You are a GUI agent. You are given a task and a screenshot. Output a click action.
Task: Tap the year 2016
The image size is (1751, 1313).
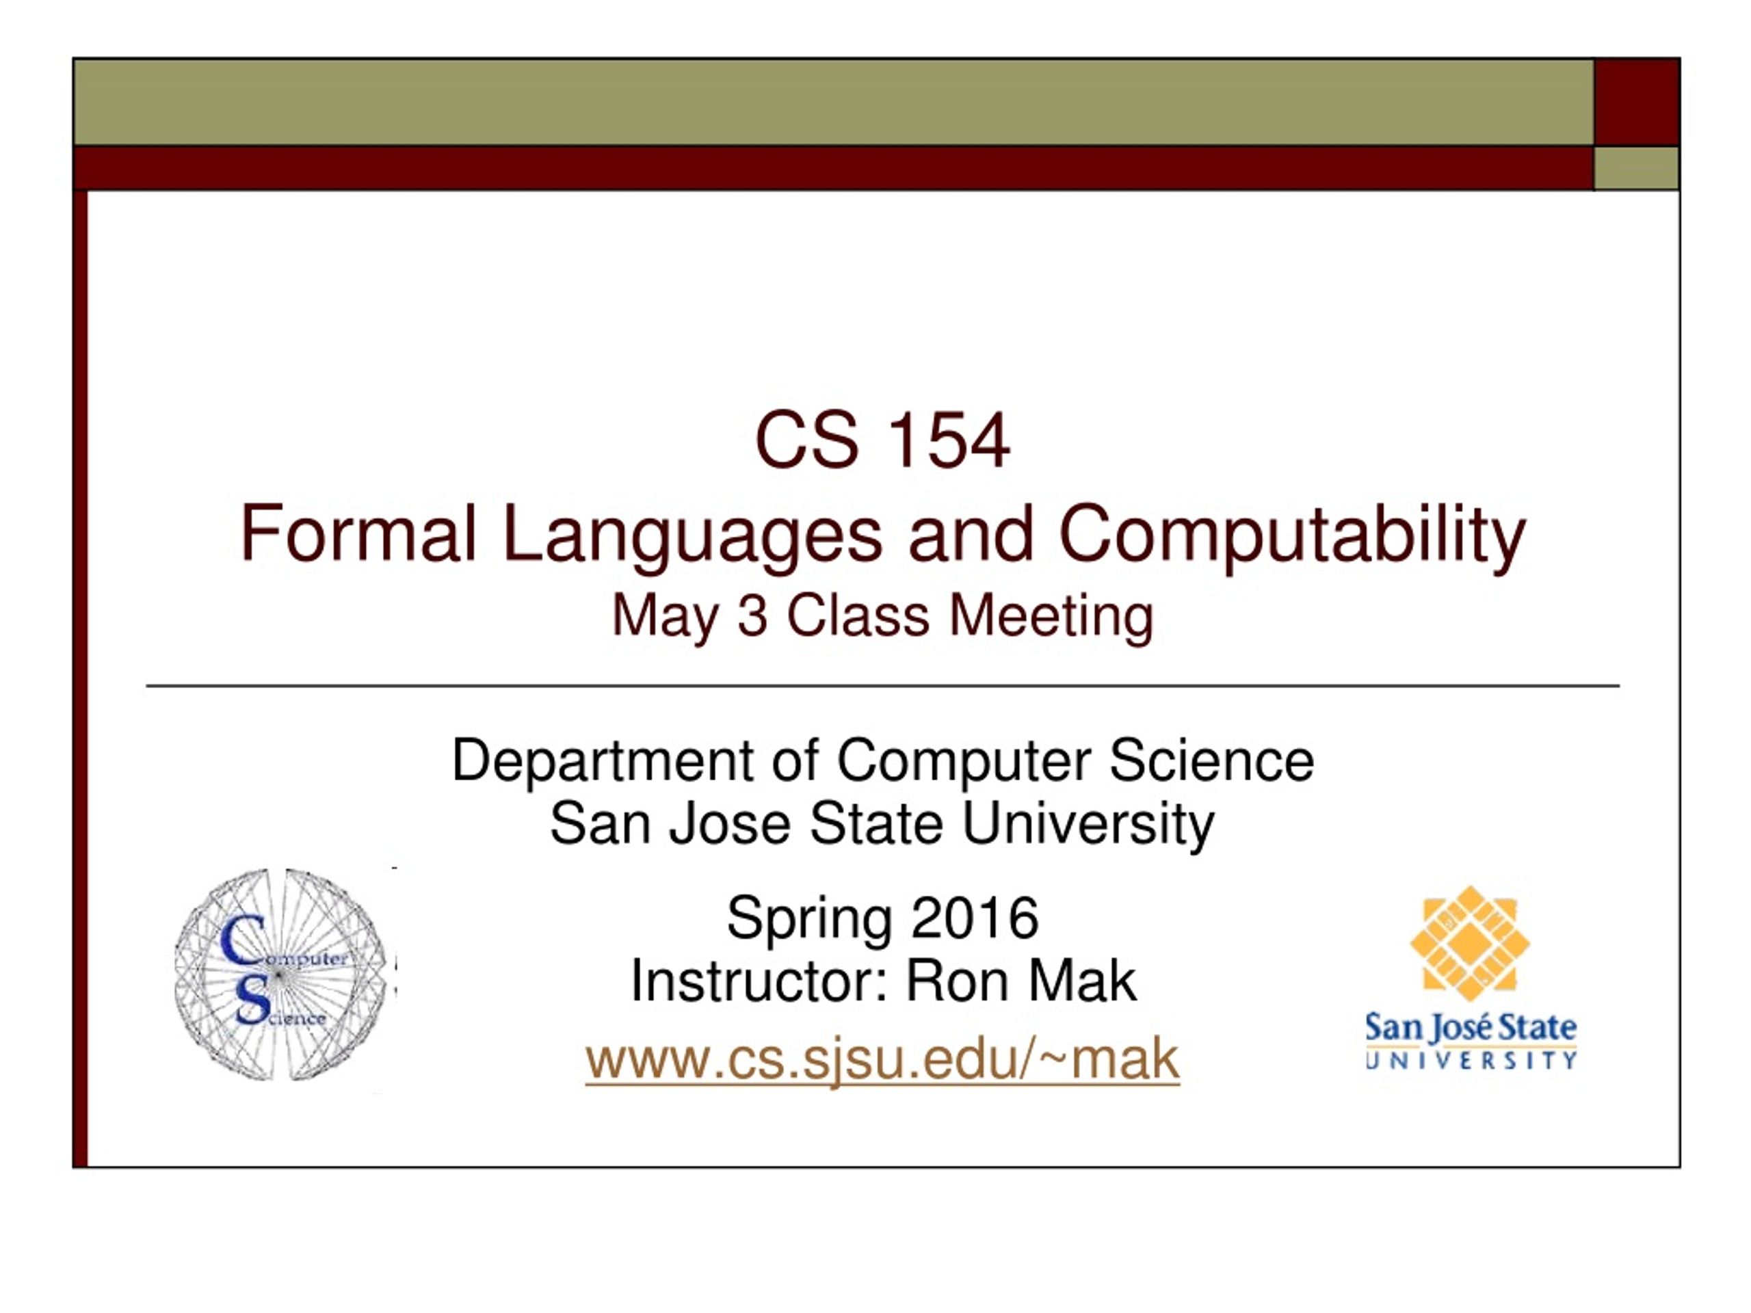975,918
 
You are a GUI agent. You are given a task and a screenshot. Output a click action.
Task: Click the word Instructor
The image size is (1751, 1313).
759,981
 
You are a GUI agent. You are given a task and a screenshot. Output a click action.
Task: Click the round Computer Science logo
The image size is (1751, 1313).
282,974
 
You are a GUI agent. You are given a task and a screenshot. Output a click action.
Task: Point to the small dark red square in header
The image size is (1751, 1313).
1637,101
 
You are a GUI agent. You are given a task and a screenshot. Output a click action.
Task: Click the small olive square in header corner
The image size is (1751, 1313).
1636,168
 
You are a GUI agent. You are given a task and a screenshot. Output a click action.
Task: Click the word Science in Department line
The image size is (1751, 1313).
1211,760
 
